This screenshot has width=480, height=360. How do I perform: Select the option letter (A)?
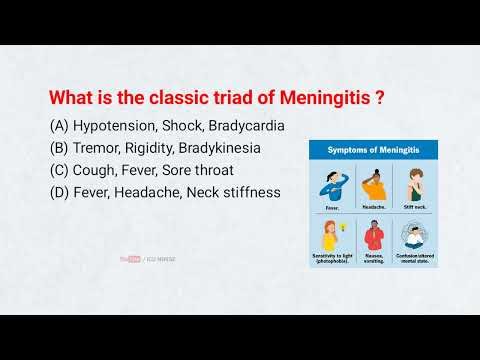tap(58, 127)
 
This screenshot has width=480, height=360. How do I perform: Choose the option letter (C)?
tap(58, 171)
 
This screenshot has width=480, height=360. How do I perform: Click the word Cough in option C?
tap(97, 171)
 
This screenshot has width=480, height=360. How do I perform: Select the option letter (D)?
tap(58, 193)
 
